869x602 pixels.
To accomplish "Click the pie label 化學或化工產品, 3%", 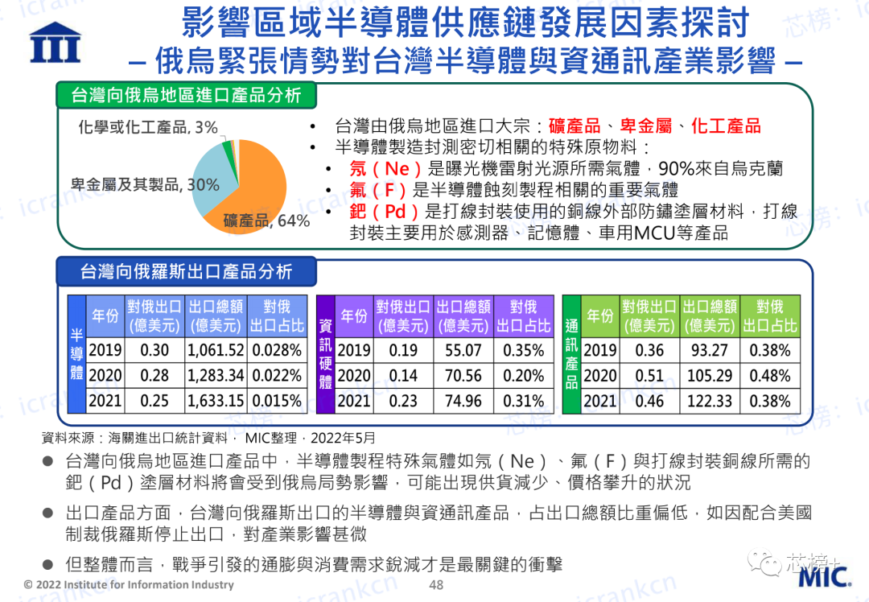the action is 148,127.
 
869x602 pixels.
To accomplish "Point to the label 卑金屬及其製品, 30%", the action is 145,184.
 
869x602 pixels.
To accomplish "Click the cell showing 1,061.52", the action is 216,350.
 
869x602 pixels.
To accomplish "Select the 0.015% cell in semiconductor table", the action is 277,400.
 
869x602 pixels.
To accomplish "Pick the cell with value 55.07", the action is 463,350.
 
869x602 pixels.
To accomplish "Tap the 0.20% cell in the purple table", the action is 523,375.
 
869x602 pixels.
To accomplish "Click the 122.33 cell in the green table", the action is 710,400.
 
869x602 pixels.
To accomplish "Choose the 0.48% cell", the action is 770,375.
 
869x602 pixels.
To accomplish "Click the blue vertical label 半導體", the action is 76,354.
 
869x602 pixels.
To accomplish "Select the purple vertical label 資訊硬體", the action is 325,354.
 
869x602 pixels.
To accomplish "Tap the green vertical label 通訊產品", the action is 571,354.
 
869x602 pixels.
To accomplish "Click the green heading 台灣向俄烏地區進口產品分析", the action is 186,95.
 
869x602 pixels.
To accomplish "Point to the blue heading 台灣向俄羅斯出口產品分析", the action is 186,271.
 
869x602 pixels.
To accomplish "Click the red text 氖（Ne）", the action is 386,168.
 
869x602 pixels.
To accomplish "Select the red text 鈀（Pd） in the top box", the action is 385,211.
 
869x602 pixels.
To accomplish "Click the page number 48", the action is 436,585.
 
